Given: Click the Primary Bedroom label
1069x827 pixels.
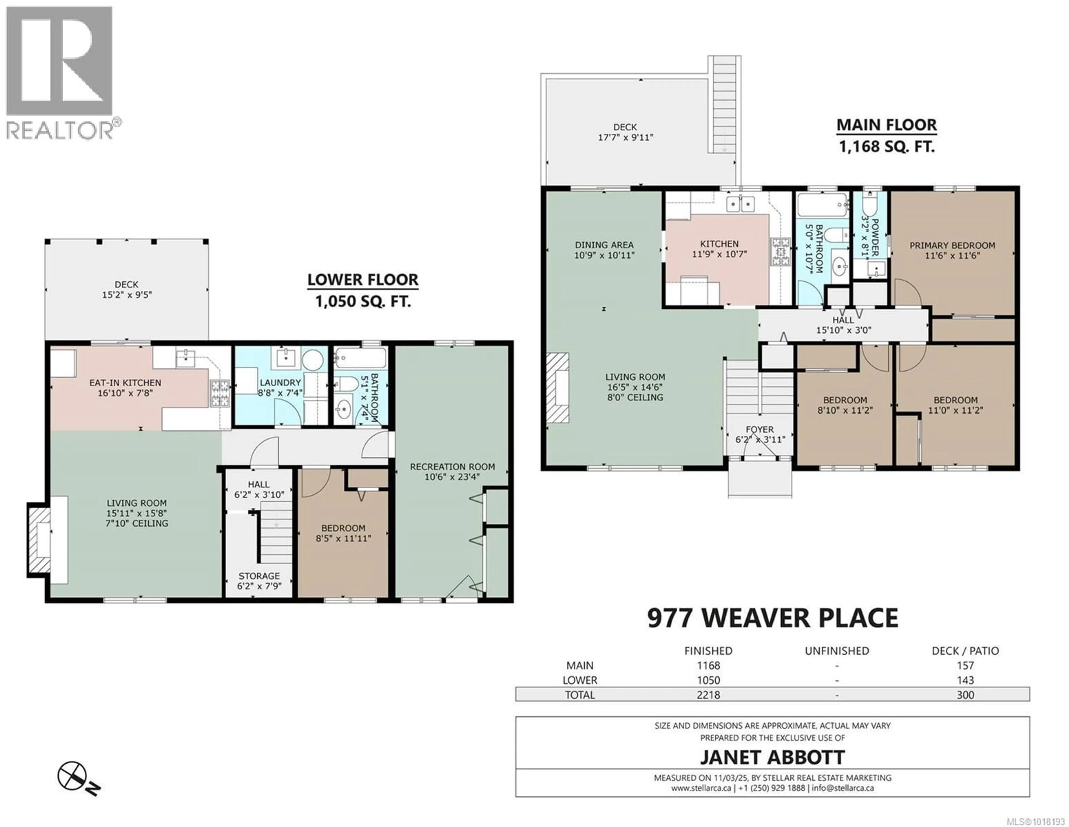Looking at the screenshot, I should [952, 246].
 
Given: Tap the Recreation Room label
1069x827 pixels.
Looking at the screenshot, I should [452, 467].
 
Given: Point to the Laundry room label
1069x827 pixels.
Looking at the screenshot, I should [280, 382].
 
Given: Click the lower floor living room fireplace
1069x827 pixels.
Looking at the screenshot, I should [40, 540].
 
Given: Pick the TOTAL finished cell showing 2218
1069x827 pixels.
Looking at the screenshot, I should [708, 695].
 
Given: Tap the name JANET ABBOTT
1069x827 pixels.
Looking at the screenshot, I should [772, 757].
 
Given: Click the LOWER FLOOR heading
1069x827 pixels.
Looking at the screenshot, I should [363, 280].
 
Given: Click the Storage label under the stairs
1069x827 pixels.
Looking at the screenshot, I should [259, 576].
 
